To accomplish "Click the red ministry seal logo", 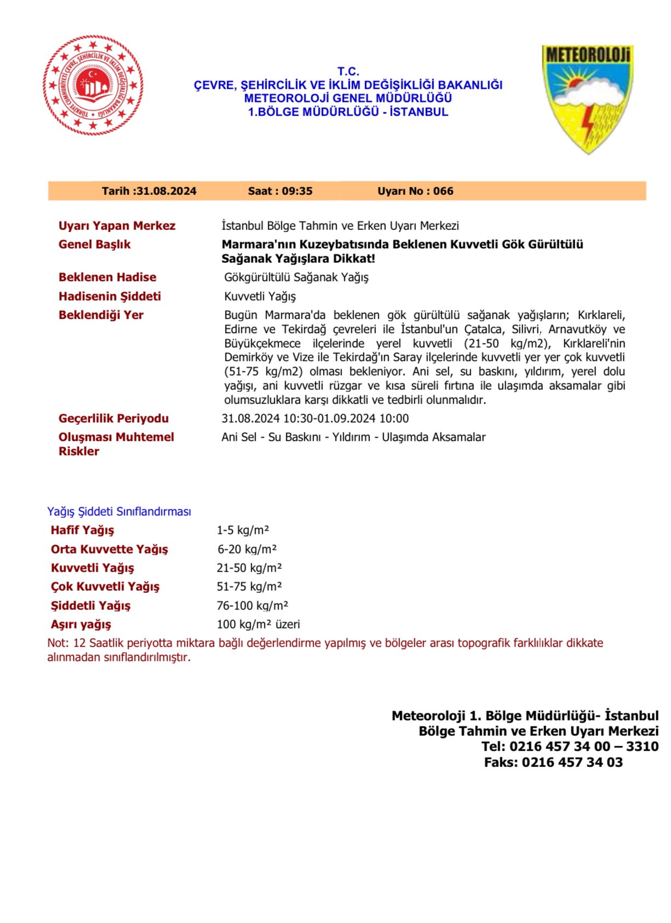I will pos(93,85).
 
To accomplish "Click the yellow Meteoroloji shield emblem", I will pos(587,99).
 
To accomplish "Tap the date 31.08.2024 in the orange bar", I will pos(166,191).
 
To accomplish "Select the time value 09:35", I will pos(297,191).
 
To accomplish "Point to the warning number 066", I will pos(443,191).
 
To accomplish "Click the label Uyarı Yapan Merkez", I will pos(117,226).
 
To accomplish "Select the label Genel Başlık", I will pos(95,244).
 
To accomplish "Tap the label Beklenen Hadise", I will pos(107,277).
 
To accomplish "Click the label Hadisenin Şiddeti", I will pos(109,296).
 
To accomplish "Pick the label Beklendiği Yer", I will pos(101,315).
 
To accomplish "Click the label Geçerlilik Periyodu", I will pos(113,418).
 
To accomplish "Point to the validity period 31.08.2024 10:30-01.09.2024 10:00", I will pos(315,418).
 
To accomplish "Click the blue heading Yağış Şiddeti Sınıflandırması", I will pos(119,511).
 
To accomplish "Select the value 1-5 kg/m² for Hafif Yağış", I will pos(242,530).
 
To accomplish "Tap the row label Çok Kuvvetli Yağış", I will pos(105,586).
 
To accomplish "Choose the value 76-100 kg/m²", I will pos(252,605).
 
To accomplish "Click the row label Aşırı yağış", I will pos(81,624).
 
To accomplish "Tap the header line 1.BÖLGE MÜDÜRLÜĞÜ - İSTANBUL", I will pos(348,112).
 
